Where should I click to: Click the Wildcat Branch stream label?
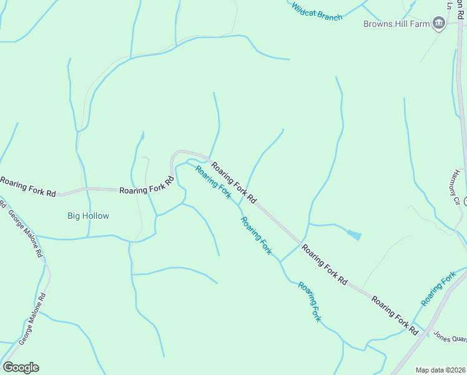(317, 12)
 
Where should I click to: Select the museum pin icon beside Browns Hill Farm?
(439, 24)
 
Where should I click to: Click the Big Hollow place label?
(88, 216)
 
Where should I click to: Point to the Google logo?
(21, 367)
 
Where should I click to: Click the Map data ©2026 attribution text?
(440, 370)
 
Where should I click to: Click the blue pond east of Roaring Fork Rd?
(354, 235)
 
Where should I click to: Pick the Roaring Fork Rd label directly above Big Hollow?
(146, 187)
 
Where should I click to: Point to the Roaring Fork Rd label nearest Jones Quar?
(395, 316)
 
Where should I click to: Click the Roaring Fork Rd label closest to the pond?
(324, 265)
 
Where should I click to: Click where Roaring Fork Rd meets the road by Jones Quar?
(429, 330)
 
